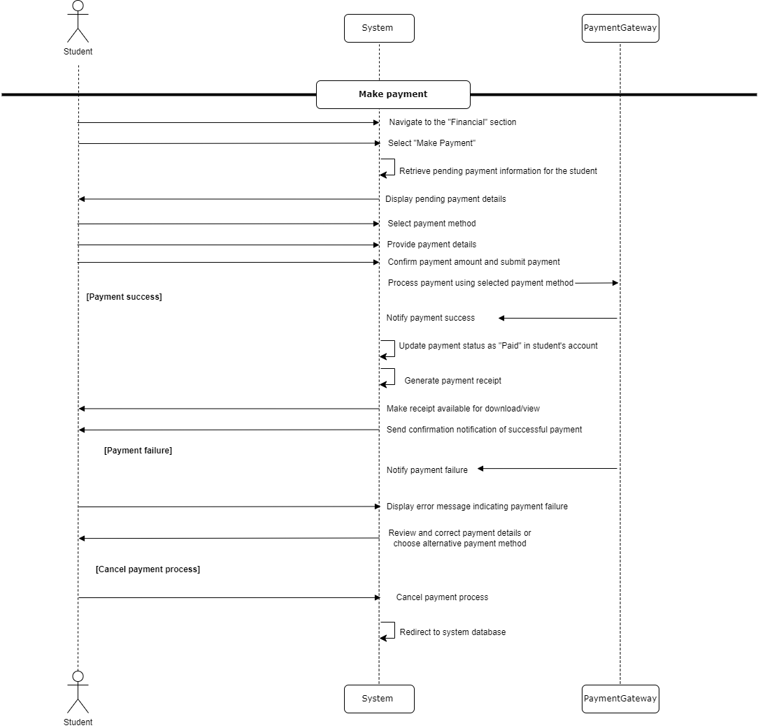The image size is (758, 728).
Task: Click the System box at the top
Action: [379, 28]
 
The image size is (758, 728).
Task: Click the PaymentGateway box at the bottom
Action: [620, 699]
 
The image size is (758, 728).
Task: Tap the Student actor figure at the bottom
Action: [78, 692]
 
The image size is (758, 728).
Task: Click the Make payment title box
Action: [393, 94]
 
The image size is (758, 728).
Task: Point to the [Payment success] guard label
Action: [124, 297]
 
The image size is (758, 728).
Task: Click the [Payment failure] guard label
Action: [138, 451]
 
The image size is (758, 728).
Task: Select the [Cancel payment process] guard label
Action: [148, 569]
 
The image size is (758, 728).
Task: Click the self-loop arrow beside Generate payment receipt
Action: [389, 377]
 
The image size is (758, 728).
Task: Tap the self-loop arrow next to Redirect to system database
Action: [389, 630]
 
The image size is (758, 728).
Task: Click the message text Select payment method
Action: [431, 224]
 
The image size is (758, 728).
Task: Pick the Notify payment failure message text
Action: [427, 470]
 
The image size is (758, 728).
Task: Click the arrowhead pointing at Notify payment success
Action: [502, 319]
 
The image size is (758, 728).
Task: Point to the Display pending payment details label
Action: [445, 199]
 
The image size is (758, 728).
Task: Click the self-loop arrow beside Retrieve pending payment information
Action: [389, 167]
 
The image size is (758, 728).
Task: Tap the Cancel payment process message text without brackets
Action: [442, 597]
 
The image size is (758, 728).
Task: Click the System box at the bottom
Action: [379, 699]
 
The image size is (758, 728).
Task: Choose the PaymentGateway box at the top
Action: [620, 28]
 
